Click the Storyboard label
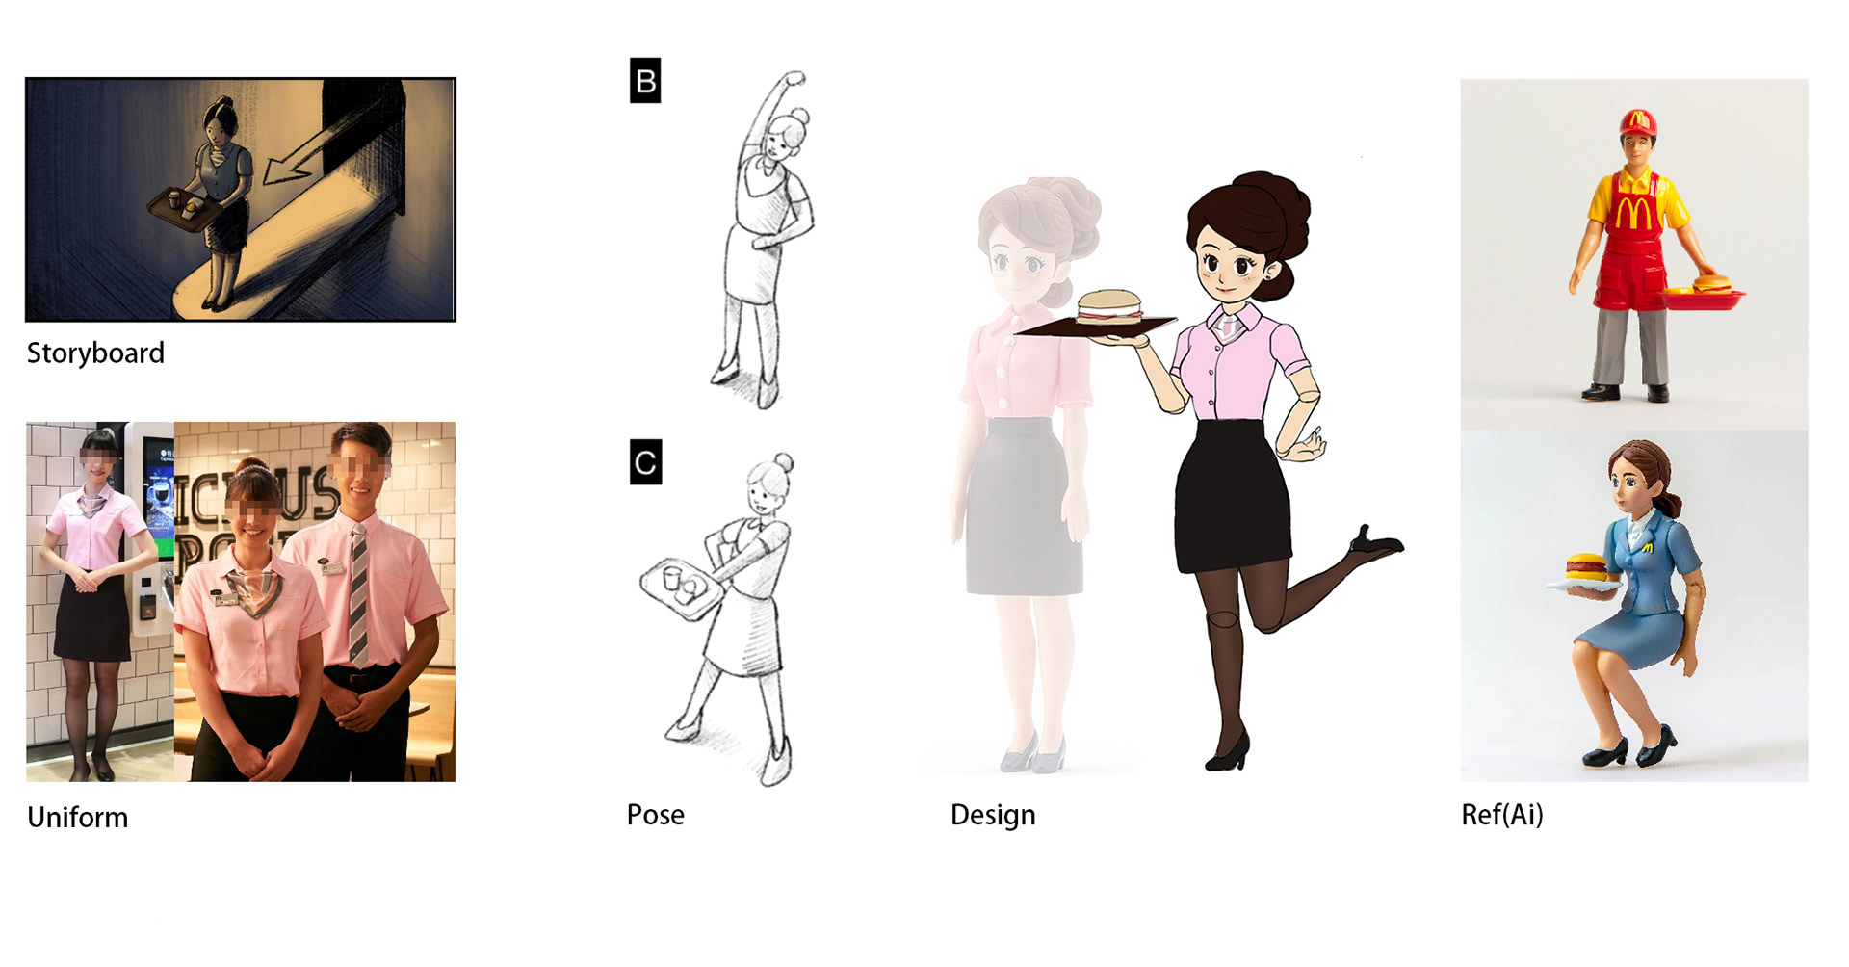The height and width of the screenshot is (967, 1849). click(95, 353)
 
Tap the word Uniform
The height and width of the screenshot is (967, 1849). click(77, 817)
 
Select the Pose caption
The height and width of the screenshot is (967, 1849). click(655, 815)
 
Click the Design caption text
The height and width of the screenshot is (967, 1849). click(993, 815)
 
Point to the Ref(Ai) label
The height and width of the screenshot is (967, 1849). click(1501, 815)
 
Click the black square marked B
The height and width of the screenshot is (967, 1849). click(645, 81)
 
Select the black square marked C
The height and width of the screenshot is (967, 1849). click(645, 461)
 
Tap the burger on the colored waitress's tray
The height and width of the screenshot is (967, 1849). click(1109, 307)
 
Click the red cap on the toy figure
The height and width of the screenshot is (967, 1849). click(1637, 122)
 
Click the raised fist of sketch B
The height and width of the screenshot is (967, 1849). click(794, 79)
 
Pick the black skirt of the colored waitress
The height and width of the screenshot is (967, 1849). click(1234, 496)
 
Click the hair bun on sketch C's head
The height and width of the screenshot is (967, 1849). click(784, 462)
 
